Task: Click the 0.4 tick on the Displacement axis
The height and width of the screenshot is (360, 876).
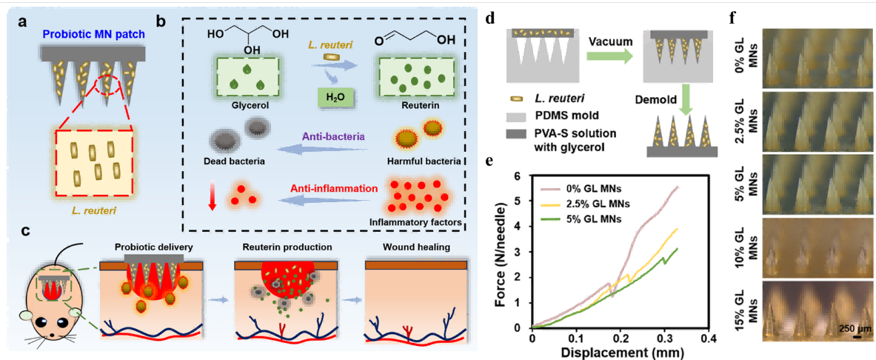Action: pos(709,338)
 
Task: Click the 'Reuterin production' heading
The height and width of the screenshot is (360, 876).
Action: pos(286,246)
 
